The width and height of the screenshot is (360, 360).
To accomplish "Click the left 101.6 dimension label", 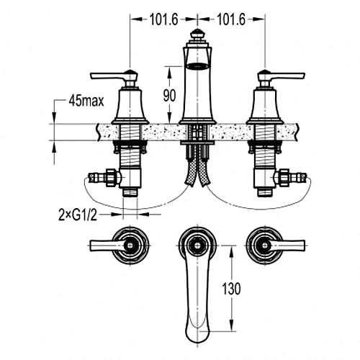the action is point(163,19).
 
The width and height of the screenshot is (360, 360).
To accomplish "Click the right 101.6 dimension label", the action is point(231,19).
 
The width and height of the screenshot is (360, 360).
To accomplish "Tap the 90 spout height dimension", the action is point(169,96).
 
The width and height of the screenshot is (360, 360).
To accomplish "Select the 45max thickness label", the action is point(86,101).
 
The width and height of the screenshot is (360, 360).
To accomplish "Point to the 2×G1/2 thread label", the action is point(78,215).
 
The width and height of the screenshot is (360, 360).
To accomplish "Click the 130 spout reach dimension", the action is point(231,289).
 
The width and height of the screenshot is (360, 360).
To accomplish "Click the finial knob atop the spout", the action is point(197,35).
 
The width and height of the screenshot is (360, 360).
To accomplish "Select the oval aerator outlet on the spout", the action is point(197,66).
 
